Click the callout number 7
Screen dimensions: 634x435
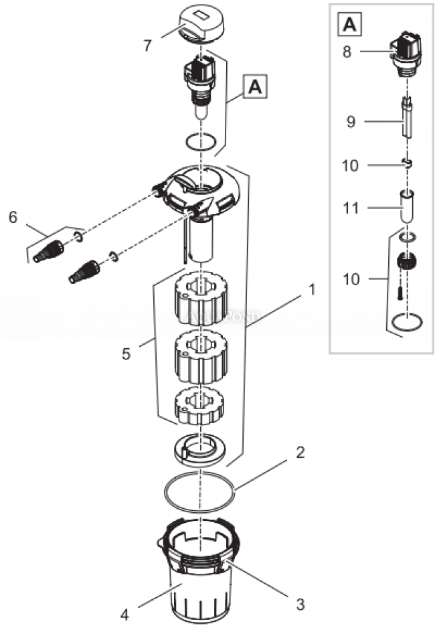click(x=147, y=46)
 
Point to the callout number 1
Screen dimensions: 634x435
click(x=311, y=291)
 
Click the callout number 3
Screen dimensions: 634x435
click(x=300, y=603)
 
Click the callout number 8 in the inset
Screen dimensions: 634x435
click(x=347, y=51)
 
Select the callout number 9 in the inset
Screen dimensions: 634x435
click(x=351, y=122)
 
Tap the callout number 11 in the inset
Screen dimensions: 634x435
click(x=351, y=208)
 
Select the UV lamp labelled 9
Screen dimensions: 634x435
click(x=406, y=120)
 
